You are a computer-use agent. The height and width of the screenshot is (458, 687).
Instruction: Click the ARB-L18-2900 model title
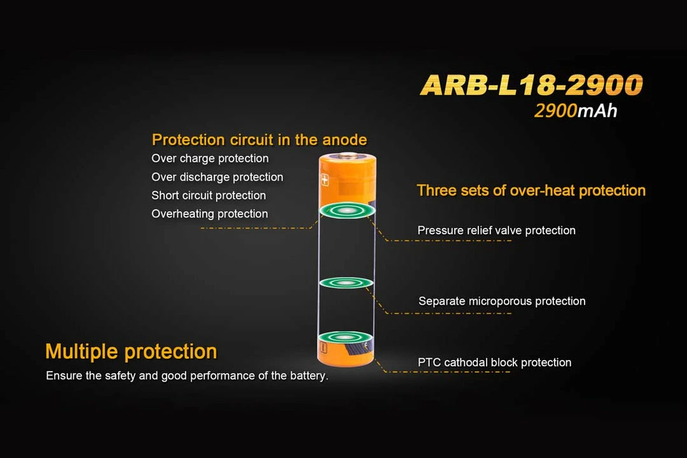pyautogui.click(x=531, y=85)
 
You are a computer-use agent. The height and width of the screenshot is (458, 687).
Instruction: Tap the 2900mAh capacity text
pyautogui.click(x=576, y=111)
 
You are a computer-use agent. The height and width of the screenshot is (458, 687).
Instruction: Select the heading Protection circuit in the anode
pyautogui.click(x=259, y=139)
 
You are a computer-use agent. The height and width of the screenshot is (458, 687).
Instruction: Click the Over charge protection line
pyautogui.click(x=210, y=158)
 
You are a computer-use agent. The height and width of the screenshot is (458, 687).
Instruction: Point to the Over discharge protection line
pyautogui.click(x=217, y=177)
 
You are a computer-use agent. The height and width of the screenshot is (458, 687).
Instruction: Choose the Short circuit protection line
pyautogui.click(x=209, y=195)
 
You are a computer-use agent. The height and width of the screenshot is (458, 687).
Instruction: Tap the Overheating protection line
pyautogui.click(x=209, y=214)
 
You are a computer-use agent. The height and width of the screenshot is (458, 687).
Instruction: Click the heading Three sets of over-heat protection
pyautogui.click(x=531, y=190)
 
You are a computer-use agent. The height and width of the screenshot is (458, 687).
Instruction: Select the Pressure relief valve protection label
pyautogui.click(x=496, y=230)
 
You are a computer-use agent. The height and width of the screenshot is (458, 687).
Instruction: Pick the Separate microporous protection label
pyautogui.click(x=502, y=301)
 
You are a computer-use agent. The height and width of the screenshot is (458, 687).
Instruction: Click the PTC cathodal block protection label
pyautogui.click(x=494, y=363)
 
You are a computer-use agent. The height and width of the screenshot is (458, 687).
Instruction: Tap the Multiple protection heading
pyautogui.click(x=131, y=351)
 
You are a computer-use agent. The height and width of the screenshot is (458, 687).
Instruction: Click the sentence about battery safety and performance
pyautogui.click(x=187, y=376)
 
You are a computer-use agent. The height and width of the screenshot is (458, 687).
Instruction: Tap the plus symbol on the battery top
pyautogui.click(x=326, y=181)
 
